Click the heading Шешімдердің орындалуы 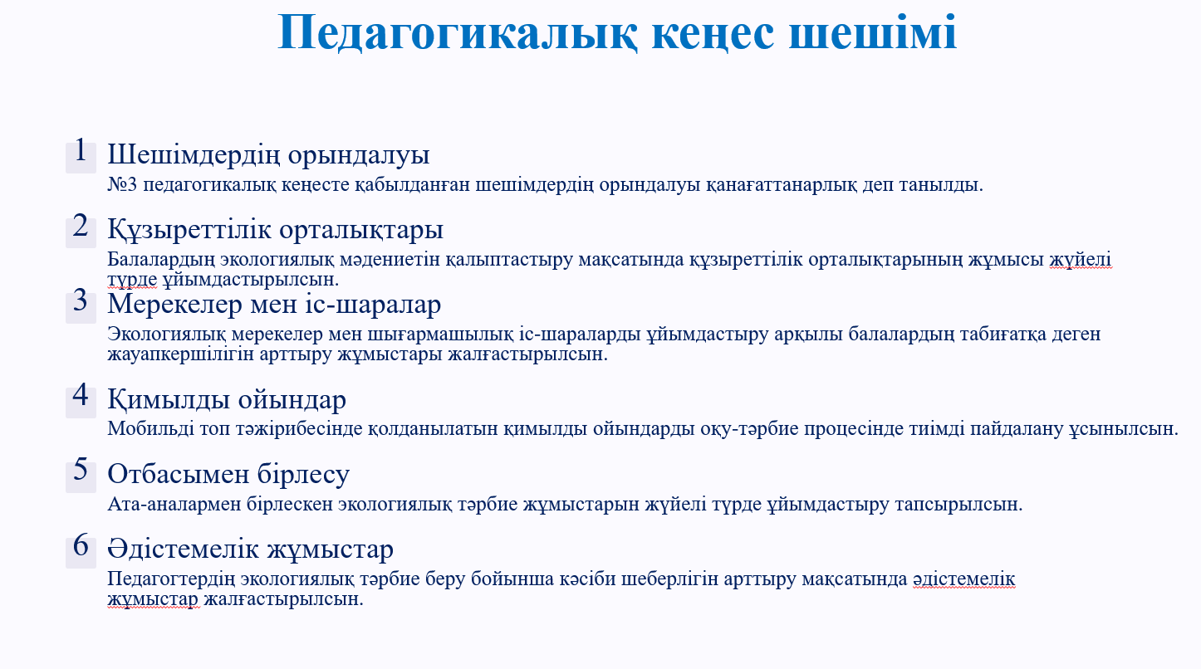click(268, 154)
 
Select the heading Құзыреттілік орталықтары click(276, 230)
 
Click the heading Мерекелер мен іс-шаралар click(274, 304)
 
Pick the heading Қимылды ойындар click(227, 399)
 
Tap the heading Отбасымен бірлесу click(228, 474)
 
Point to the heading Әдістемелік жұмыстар click(250, 549)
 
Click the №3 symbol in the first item click(122, 185)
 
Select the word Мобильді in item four click(150, 429)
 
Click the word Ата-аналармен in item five click(174, 505)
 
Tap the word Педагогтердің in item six click(171, 580)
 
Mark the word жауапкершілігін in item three click(181, 355)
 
